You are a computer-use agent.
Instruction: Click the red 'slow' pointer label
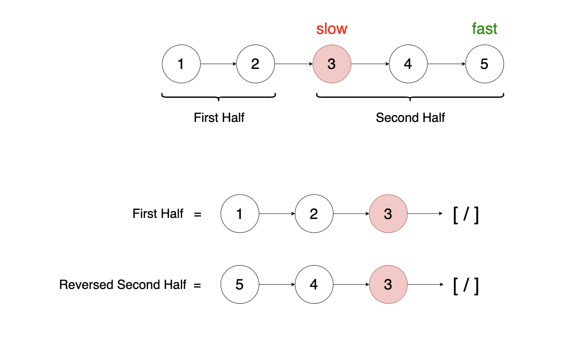click(331, 29)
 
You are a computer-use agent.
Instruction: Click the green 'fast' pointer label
click(484, 29)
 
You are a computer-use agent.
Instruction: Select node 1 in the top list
click(181, 64)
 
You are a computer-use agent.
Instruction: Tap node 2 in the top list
click(255, 64)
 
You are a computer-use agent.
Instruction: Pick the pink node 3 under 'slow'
click(331, 64)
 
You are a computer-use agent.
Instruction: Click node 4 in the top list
click(407, 64)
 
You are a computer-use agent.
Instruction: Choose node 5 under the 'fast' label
click(484, 64)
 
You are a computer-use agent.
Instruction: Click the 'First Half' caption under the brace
click(219, 118)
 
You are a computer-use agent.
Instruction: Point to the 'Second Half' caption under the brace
click(410, 118)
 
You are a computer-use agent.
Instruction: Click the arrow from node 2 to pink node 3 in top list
click(293, 65)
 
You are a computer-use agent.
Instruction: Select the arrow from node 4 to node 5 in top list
click(446, 65)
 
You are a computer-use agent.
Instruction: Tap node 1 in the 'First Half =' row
click(239, 214)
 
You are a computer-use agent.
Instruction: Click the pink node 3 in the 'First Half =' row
click(388, 214)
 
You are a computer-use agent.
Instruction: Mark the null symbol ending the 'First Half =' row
click(466, 215)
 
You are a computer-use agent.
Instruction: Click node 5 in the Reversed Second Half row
click(239, 285)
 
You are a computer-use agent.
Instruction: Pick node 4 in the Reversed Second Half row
click(313, 285)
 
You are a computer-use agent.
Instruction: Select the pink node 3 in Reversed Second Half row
click(388, 285)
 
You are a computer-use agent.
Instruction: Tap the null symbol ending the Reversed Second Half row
click(466, 286)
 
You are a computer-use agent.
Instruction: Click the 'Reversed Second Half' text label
click(123, 285)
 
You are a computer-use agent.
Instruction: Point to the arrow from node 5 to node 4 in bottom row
click(276, 285)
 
